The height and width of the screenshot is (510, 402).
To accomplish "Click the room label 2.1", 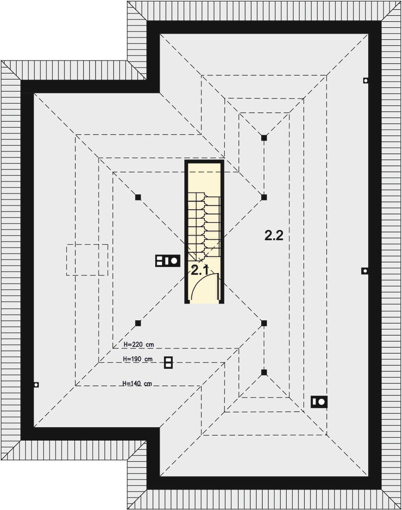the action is [200, 270].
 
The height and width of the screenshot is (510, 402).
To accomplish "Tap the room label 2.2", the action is [274, 235].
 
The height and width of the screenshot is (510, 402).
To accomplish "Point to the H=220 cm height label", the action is [138, 344].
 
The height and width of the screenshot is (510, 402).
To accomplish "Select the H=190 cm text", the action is [138, 359].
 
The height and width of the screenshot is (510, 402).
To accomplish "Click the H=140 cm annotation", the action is [137, 384].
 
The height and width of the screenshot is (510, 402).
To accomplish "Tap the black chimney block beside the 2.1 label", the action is [168, 261].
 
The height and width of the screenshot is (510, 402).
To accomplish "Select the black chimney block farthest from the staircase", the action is [319, 402].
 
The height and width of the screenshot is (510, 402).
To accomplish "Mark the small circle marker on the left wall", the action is [36, 385].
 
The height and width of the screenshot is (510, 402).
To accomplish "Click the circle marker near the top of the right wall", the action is [366, 81].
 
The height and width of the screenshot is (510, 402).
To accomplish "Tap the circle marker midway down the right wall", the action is [365, 271].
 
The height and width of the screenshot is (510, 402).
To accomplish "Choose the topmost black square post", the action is [264, 137].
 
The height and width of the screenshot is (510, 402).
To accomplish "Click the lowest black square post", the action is [264, 372].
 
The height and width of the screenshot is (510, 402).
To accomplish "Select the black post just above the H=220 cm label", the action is [138, 323].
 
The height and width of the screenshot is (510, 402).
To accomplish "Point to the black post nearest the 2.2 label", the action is [264, 197].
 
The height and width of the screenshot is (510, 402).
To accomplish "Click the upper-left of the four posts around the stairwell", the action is [138, 197].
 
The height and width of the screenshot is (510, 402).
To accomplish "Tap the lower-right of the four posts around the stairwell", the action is [264, 323].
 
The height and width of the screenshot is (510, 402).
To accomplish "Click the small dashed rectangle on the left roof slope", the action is [87, 260].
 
